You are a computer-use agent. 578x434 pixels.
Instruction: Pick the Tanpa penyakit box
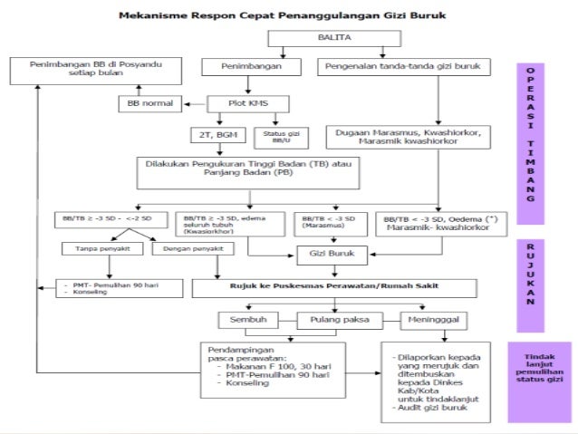(99, 248)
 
